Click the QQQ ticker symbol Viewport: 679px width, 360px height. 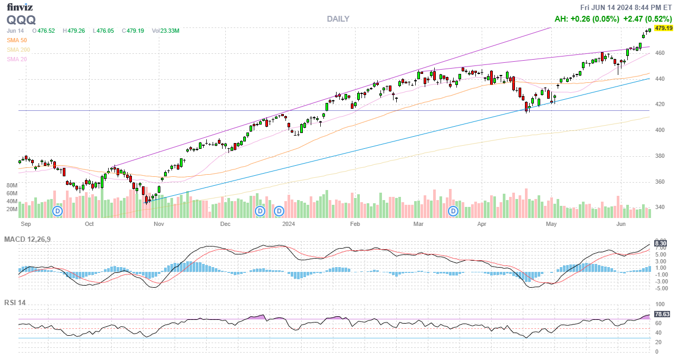click(x=21, y=20)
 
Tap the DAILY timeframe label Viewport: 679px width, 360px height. click(x=338, y=19)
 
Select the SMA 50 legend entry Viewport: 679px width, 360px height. click(x=17, y=40)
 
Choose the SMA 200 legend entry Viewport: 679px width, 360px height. click(x=18, y=50)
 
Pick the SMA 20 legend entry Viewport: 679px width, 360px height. click(x=17, y=59)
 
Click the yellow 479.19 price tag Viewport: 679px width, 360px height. click(x=663, y=28)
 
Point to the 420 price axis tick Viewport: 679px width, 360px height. click(x=659, y=105)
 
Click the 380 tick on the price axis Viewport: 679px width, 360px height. click(x=659, y=156)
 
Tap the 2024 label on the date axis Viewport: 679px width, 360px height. click(x=288, y=224)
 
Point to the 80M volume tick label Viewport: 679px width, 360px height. click(x=12, y=186)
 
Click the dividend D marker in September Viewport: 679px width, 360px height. click(x=58, y=211)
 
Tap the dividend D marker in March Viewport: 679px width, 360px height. click(x=453, y=211)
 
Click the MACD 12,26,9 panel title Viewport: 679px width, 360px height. click(x=27, y=240)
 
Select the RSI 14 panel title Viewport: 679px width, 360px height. click(x=15, y=303)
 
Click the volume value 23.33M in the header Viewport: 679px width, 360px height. click(x=170, y=31)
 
